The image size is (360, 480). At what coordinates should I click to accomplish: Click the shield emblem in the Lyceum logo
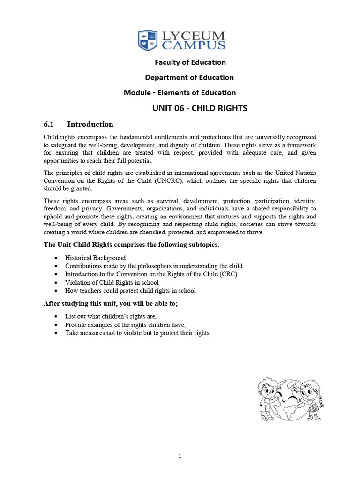(148, 40)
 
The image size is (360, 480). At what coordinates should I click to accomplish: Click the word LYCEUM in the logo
(193, 36)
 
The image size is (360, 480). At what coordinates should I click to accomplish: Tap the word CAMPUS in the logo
(193, 45)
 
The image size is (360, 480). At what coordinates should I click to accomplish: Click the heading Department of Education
(189, 77)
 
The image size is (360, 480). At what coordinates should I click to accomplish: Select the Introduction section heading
(90, 124)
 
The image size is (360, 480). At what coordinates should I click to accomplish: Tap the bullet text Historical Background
(95, 258)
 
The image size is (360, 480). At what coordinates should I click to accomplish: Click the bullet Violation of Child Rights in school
(112, 283)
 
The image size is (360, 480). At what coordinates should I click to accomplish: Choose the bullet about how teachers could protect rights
(130, 291)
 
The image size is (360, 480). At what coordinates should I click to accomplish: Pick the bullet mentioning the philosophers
(154, 266)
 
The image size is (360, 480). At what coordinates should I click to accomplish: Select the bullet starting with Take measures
(138, 333)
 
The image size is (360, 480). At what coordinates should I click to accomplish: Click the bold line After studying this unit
(110, 304)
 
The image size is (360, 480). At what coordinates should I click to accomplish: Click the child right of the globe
(311, 398)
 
